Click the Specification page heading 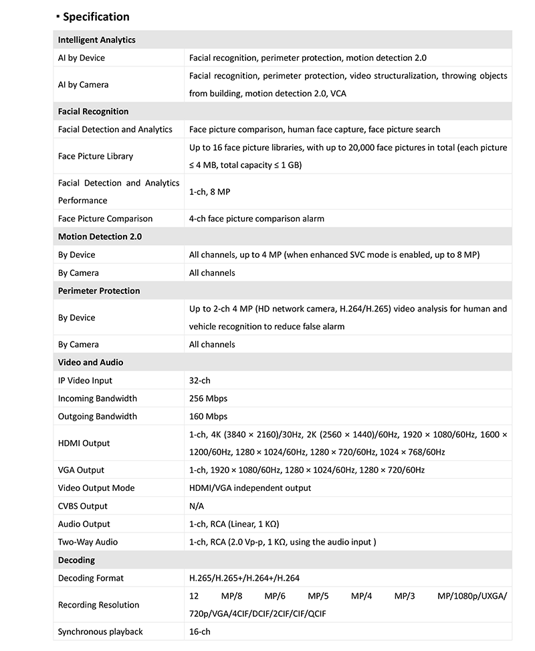tap(96, 17)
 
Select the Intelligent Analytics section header tap(96, 40)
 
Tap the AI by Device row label tap(82, 58)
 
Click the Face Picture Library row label tap(96, 156)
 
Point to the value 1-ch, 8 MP tap(209, 192)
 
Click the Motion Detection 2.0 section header tap(100, 237)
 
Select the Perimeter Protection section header tap(99, 291)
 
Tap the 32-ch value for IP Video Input tap(199, 380)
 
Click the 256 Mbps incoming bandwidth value tap(208, 399)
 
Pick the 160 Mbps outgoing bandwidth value tap(208, 417)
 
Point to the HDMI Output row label tap(84, 443)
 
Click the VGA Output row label tap(81, 470)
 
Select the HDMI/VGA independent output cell tap(250, 488)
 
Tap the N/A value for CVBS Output tap(197, 506)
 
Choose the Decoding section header tap(76, 560)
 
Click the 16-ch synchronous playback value tap(199, 632)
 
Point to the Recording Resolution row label tap(98, 605)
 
